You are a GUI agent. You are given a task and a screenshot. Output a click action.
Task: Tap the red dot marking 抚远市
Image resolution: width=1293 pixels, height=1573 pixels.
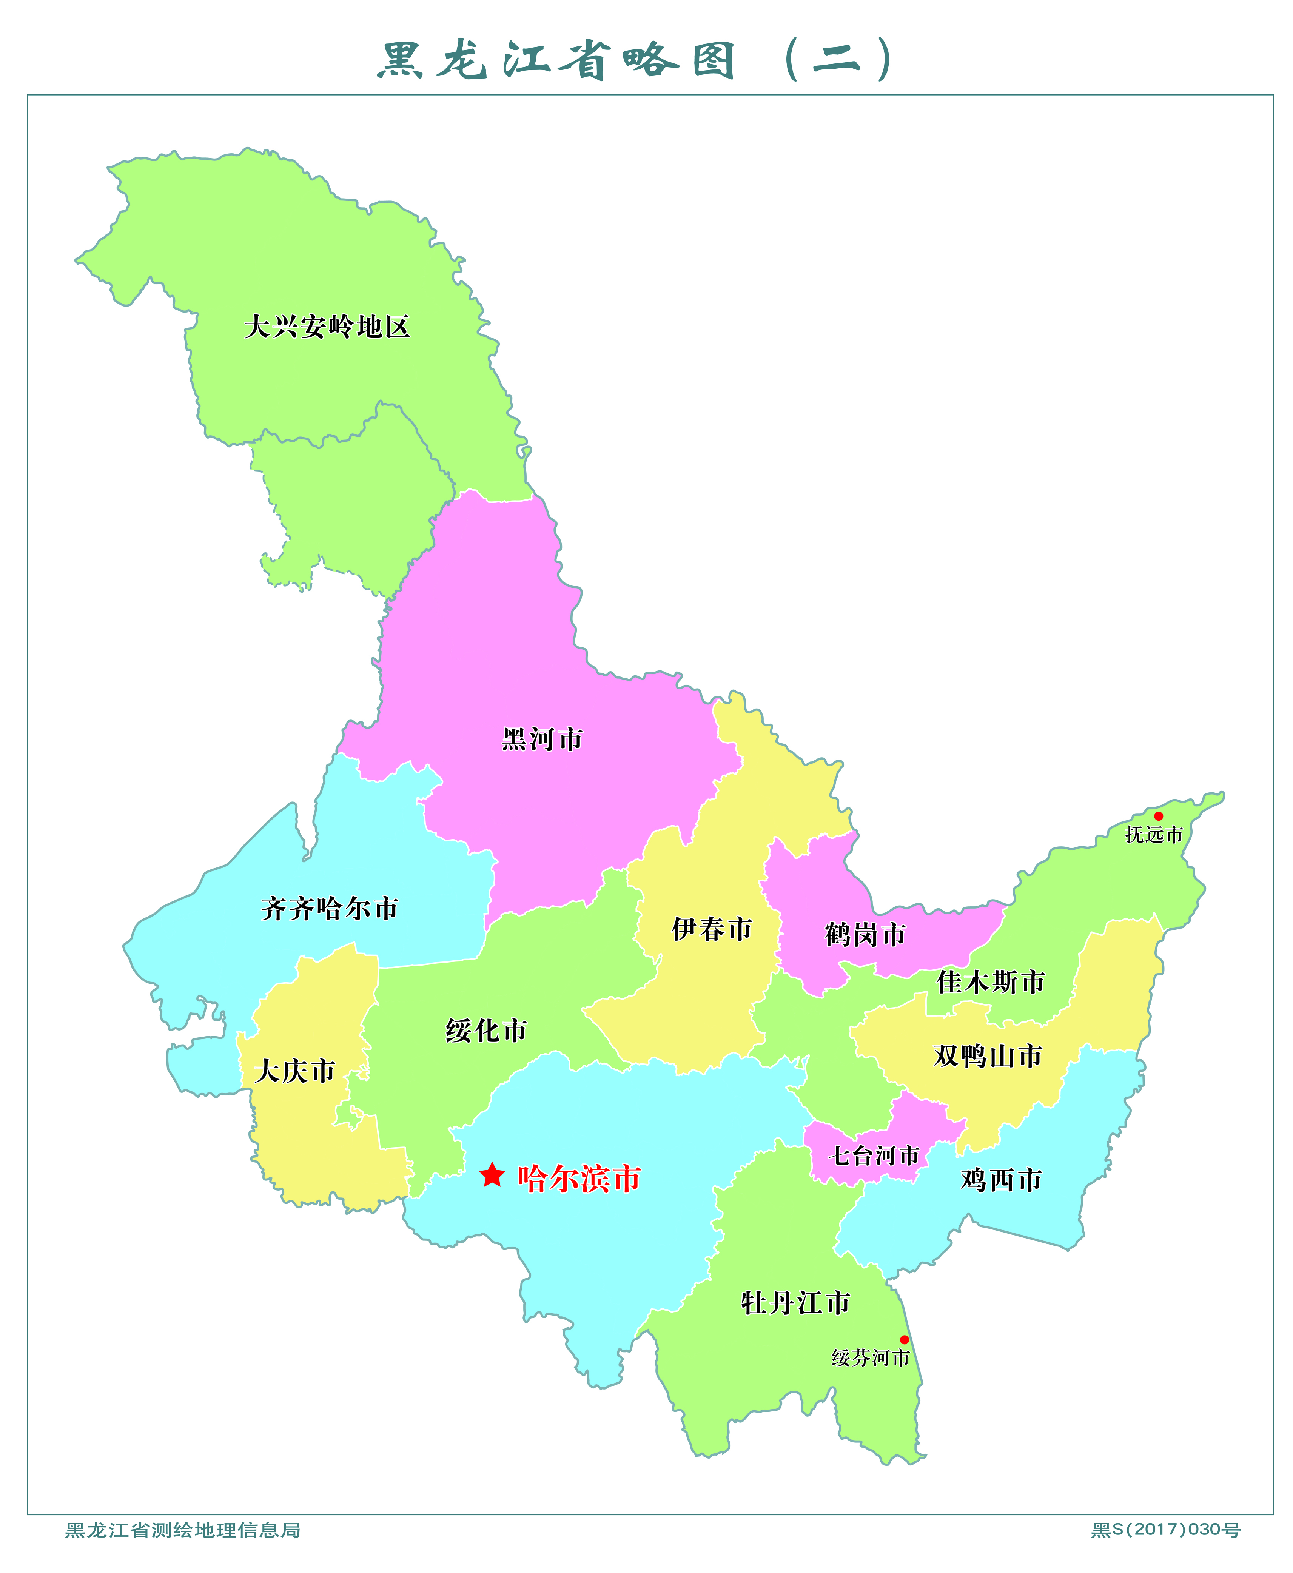[x=1158, y=816]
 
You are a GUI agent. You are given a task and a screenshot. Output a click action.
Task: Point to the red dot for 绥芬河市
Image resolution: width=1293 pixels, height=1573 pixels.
[x=904, y=1340]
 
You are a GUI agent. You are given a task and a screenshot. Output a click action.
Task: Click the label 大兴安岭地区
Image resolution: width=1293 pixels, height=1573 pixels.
[x=327, y=327]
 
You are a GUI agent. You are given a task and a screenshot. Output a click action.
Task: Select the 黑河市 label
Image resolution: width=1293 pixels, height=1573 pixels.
[x=541, y=740]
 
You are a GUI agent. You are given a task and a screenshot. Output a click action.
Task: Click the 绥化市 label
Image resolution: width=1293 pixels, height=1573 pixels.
[x=486, y=1031]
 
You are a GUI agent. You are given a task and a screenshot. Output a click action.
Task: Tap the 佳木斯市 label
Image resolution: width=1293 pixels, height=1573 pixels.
[x=991, y=981]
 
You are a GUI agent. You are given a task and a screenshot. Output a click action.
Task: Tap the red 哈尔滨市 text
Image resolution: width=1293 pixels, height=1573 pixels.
[x=579, y=1178]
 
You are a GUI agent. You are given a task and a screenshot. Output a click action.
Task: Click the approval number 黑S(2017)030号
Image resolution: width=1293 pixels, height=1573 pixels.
[x=1166, y=1530]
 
